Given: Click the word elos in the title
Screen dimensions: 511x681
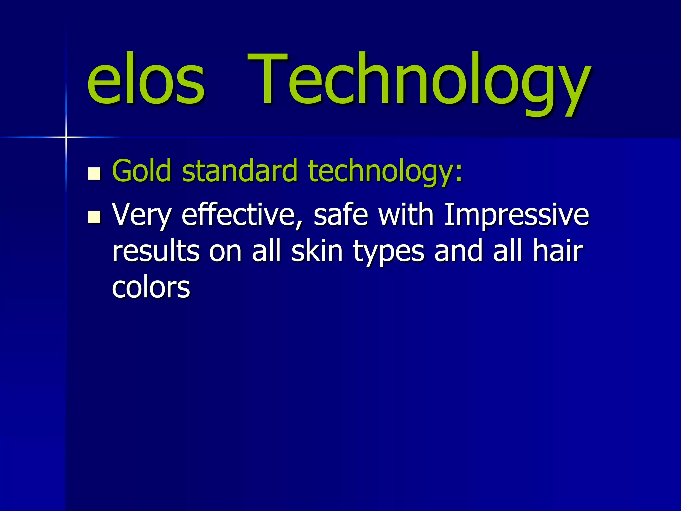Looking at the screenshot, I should (145, 80).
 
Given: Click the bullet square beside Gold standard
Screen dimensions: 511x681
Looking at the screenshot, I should (94, 173).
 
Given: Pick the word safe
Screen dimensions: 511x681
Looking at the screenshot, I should (341, 215).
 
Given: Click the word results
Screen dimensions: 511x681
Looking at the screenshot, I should (156, 251).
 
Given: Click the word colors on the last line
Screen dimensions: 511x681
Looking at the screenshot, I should (151, 287).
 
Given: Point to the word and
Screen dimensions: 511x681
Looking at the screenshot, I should (458, 251).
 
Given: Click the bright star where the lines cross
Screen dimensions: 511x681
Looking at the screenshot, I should (66, 137).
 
